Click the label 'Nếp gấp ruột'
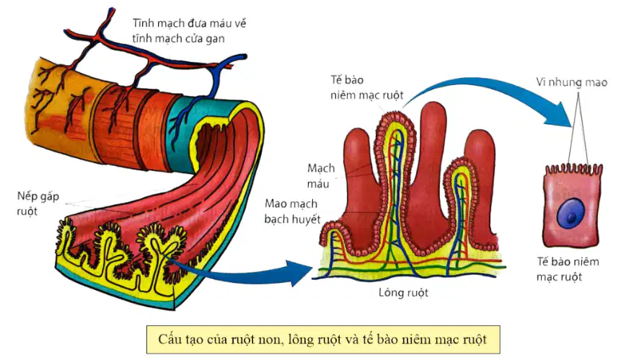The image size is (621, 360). (38, 203)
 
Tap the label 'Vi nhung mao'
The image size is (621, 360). (571, 82)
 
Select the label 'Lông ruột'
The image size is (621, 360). (403, 293)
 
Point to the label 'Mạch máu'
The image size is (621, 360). (321, 176)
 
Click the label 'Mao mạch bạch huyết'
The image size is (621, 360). (292, 211)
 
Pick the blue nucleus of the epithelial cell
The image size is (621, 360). (571, 214)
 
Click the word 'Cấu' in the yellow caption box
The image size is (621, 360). (169, 339)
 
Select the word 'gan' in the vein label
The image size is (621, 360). (216, 39)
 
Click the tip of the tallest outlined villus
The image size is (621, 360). (395, 115)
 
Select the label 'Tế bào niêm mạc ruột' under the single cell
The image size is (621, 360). (568, 269)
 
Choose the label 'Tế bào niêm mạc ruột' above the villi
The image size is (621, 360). (366, 87)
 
